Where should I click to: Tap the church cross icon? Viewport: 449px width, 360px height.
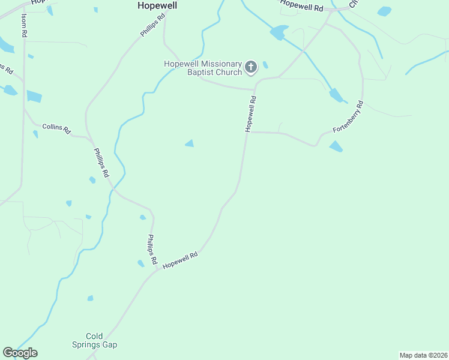pos(251,67)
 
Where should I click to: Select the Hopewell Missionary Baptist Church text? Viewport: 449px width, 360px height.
pos(203,68)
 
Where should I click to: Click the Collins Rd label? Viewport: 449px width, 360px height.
pos(56,129)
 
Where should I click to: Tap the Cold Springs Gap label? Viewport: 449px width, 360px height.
pos(103,340)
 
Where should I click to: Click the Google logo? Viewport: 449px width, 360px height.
pos(20,353)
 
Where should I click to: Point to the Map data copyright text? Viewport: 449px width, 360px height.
pos(423,355)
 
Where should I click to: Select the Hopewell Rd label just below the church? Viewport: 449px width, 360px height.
pos(250,114)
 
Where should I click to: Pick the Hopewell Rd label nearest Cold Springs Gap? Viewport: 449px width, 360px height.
pos(180,260)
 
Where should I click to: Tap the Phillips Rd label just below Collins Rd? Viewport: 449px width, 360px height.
pos(100,162)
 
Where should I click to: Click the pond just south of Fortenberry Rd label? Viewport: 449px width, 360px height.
pos(336,146)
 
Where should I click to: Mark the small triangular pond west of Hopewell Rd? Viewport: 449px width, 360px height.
pos(190,143)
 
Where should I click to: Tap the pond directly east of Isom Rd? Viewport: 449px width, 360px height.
pos(34,96)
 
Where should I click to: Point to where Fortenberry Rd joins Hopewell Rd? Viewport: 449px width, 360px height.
pos(248,132)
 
